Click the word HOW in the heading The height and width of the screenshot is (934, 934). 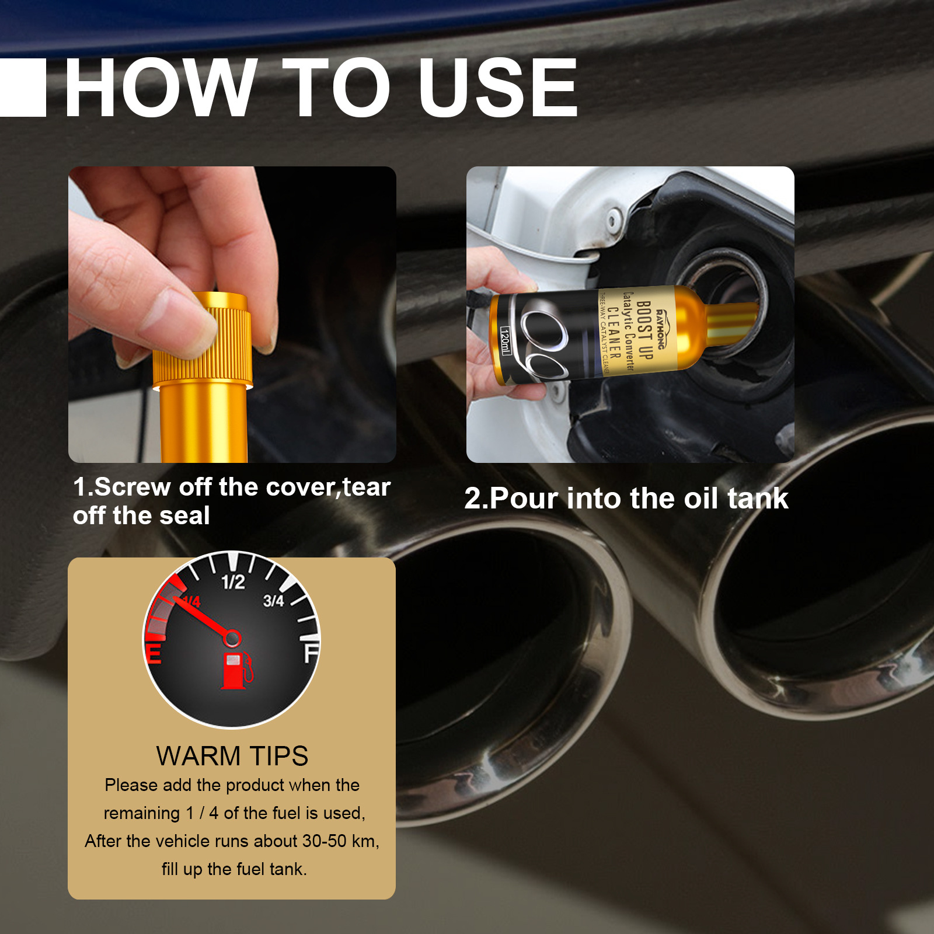click(x=161, y=88)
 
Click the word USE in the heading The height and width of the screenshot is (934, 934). click(x=497, y=88)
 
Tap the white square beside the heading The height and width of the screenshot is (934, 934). click(x=22, y=88)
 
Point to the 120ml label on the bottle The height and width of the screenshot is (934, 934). click(x=506, y=341)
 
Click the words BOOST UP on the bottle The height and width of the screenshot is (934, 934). click(x=644, y=330)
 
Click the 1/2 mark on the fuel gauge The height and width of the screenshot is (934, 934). click(x=233, y=582)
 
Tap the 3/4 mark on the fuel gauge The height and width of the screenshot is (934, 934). click(x=273, y=601)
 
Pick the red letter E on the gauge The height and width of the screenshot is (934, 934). click(x=154, y=653)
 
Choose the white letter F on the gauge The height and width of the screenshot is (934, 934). click(x=311, y=653)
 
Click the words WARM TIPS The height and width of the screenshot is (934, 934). click(x=232, y=756)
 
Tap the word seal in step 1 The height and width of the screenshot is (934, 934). click(x=185, y=516)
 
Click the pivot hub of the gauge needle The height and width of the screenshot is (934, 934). click(x=232, y=638)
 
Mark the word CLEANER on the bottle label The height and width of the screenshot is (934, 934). click(x=614, y=333)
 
